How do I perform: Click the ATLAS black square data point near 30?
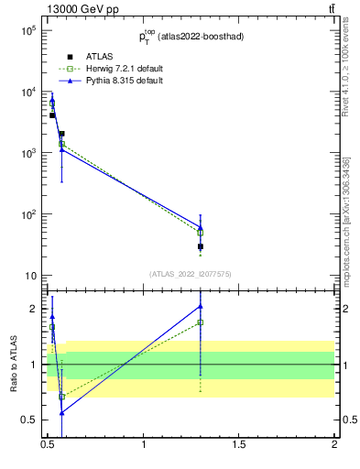click(x=200, y=246)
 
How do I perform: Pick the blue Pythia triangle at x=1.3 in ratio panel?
click(x=200, y=306)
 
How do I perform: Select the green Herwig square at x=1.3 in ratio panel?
click(x=200, y=322)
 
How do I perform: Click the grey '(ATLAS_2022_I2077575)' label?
click(x=191, y=274)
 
